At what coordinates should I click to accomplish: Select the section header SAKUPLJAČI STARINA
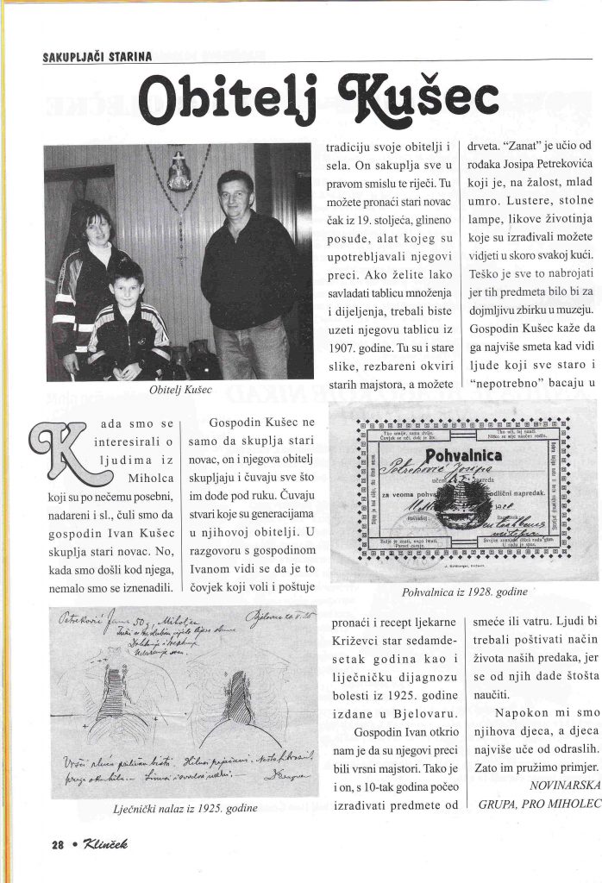tap(97, 58)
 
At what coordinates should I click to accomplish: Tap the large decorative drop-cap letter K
tap(65, 454)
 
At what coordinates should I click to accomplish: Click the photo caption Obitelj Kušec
tap(182, 391)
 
